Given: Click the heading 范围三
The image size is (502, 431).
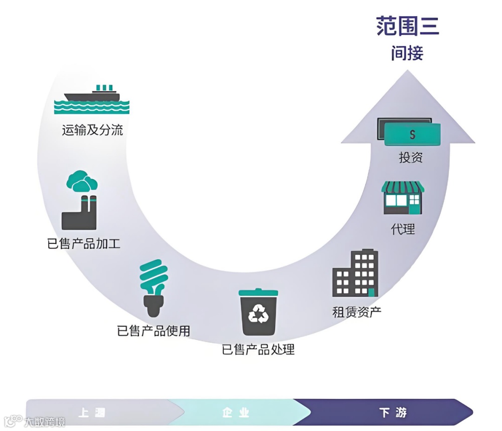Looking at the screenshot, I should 408,26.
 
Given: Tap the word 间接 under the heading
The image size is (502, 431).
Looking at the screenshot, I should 407,53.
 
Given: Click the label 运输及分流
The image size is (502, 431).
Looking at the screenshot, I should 92,130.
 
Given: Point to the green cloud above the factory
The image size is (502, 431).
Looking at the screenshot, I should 81,182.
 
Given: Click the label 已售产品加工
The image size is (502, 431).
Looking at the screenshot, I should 84,243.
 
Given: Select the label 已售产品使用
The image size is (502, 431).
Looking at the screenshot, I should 153,331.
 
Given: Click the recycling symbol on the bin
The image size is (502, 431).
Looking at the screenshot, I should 258,315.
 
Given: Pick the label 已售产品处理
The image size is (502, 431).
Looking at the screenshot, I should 258,349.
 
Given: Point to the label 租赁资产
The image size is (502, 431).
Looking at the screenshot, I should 357,312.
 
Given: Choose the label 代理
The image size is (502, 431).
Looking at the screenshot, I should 403,229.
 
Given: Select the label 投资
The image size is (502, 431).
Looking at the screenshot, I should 411,157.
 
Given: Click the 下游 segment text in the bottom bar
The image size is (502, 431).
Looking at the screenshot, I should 393,412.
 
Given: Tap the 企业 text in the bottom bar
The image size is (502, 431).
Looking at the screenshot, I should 236,412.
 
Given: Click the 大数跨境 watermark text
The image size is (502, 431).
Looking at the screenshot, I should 45,422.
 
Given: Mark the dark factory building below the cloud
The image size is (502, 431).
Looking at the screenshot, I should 79,216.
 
